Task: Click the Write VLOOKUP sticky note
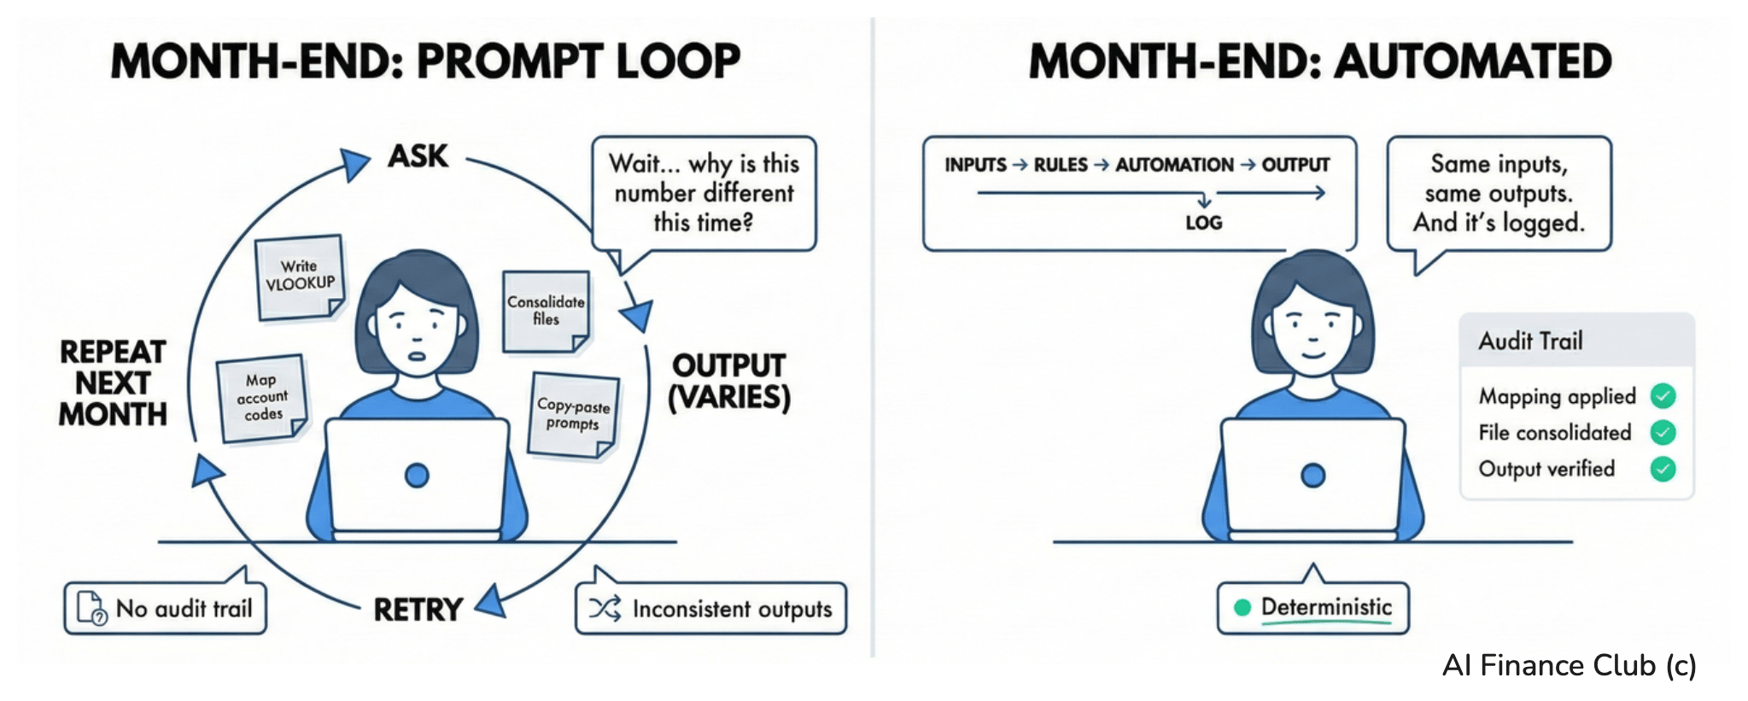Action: click(x=300, y=277)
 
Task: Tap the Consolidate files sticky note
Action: click(x=546, y=311)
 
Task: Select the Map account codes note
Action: click(x=262, y=398)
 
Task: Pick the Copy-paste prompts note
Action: click(x=573, y=415)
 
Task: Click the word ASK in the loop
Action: click(x=418, y=156)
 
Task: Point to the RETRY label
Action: click(x=418, y=610)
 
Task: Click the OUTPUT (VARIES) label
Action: click(x=728, y=382)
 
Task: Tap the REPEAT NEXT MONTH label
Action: click(x=113, y=383)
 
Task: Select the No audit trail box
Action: click(x=166, y=609)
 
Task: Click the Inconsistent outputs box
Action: click(x=710, y=609)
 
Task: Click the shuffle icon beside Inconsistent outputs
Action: click(x=605, y=609)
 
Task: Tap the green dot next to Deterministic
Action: click(x=1242, y=608)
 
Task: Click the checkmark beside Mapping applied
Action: click(x=1663, y=396)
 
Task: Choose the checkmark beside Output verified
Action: click(x=1663, y=469)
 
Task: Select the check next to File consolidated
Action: click(x=1663, y=433)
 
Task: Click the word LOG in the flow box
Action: click(x=1203, y=223)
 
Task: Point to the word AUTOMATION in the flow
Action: click(x=1174, y=165)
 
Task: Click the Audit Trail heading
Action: click(x=1530, y=342)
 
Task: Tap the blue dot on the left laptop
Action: click(x=417, y=476)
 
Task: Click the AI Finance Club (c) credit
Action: click(x=1569, y=665)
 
